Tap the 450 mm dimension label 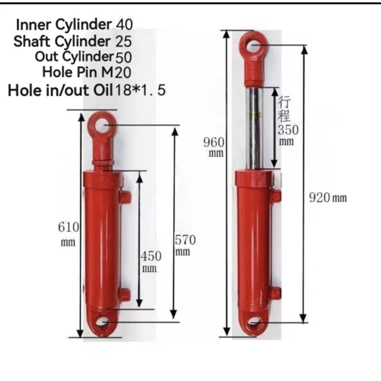[x=151, y=261]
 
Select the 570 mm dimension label [x=185, y=244]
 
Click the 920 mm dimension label [x=326, y=198]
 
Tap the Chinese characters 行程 [x=284, y=109]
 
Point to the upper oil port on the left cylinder [x=125, y=196]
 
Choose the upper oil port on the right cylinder [x=276, y=196]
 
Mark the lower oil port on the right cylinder [x=276, y=292]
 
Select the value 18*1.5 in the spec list [x=139, y=90]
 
